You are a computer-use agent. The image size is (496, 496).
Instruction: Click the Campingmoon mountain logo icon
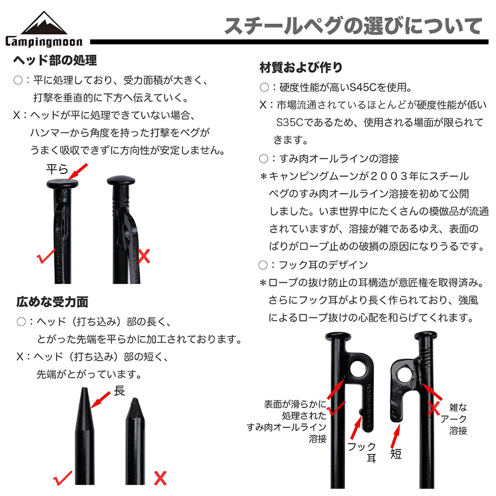pos(44,23)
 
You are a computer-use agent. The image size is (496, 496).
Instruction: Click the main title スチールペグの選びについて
pos(353,26)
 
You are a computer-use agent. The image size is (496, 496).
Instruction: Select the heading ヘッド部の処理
pos(55,60)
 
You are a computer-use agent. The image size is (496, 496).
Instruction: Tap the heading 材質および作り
pos(301,67)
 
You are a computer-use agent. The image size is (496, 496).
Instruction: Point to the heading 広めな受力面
pos(52,302)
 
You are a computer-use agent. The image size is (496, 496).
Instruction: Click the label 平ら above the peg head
pos(57,170)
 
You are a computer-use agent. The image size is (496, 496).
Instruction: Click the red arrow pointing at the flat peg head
pos(77,171)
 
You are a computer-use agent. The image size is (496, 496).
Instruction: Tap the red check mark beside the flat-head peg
pos(46,256)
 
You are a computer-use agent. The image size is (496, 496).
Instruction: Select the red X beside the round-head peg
pos(144,256)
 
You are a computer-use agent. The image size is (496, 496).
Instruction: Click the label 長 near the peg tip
pos(119,391)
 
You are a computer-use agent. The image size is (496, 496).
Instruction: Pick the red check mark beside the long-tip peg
pos(62,478)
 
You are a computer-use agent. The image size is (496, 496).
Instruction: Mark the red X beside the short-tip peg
pos(160,478)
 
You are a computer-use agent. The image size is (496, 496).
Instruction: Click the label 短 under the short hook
pos(396,454)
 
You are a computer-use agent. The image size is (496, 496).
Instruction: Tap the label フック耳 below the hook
pos(362,452)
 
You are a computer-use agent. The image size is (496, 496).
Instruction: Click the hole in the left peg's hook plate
pos(359,369)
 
